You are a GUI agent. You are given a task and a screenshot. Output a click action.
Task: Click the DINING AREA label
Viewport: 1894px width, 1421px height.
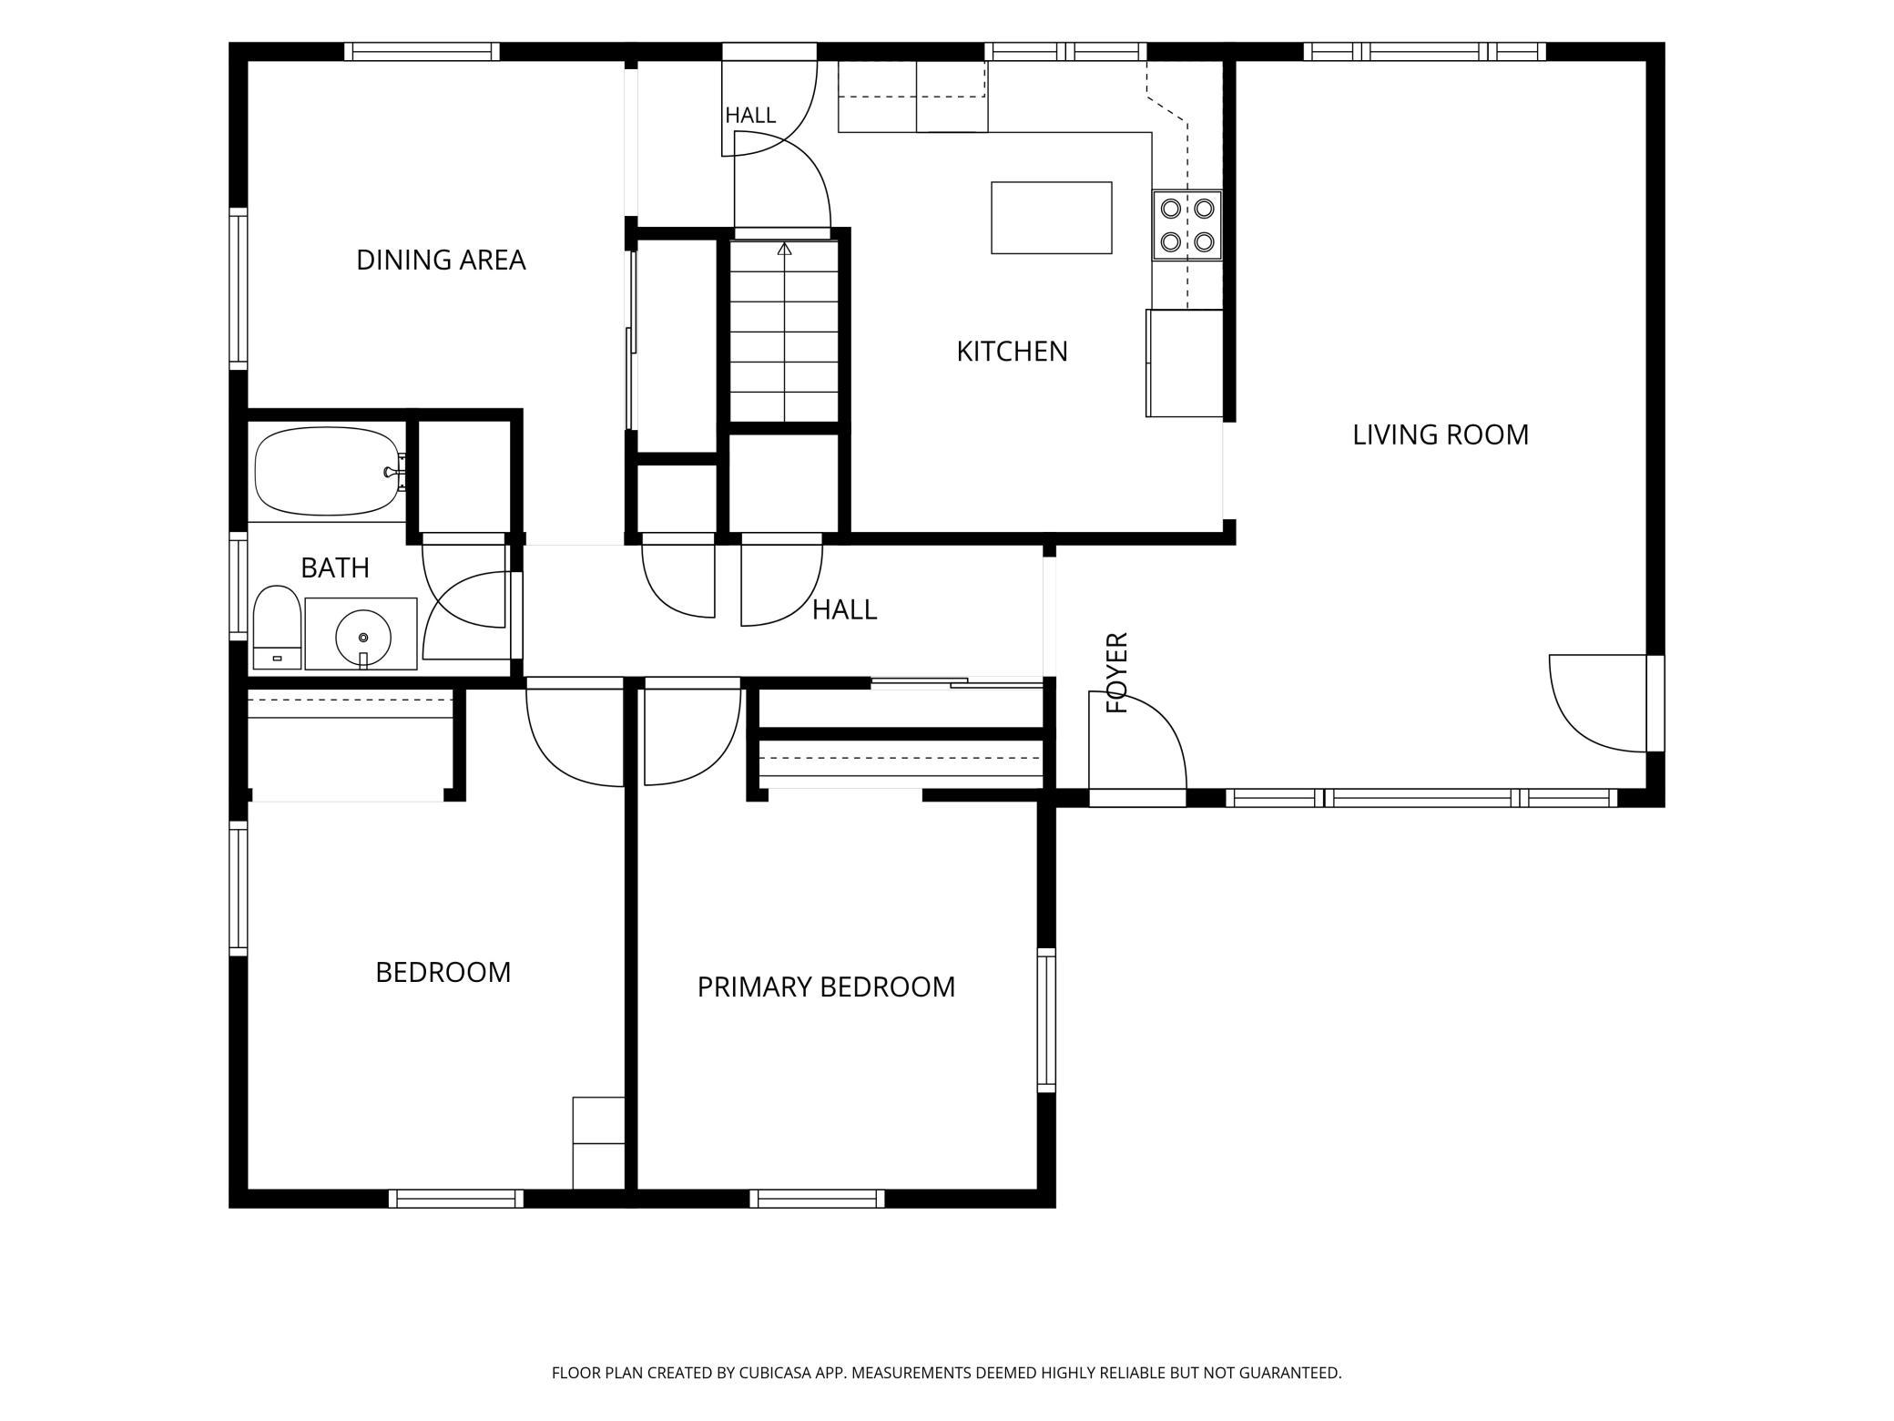pos(441,261)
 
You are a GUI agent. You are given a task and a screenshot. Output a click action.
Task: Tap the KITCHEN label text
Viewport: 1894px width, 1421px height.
pos(1012,352)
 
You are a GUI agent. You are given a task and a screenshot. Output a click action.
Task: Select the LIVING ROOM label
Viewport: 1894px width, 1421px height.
pos(1440,435)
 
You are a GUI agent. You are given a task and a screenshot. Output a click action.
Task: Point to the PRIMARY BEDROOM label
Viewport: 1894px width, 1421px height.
pos(826,987)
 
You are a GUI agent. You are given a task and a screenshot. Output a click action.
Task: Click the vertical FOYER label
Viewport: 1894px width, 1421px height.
pos(1117,672)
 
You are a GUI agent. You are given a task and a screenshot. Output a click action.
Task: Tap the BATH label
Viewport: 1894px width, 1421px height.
pos(335,568)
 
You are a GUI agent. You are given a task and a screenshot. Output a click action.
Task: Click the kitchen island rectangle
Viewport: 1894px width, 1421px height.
pos(1052,218)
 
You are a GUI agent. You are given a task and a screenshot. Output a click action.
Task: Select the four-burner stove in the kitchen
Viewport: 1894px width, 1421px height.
pos(1187,225)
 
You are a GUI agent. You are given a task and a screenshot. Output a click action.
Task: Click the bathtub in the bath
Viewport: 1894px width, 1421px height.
pos(329,472)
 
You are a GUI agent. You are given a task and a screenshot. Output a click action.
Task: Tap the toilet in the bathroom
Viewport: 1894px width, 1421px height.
pos(277,628)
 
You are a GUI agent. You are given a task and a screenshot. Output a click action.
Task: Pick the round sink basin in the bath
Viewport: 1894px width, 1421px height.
pos(363,638)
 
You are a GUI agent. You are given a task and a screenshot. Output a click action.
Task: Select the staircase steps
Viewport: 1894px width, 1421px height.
pos(784,332)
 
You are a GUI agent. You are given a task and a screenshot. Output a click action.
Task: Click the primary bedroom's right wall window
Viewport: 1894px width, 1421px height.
pos(1047,1020)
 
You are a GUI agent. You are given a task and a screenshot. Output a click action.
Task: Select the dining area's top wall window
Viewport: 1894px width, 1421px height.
pos(422,51)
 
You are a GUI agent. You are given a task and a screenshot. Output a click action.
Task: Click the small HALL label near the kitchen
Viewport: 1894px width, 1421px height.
pos(750,116)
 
